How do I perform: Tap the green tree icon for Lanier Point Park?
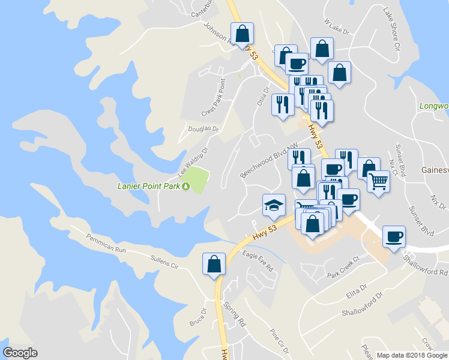tap(186, 186)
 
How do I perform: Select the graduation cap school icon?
tap(273, 205)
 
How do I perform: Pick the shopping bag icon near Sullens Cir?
tap(214, 263)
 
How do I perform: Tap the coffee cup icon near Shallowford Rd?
tap(393, 236)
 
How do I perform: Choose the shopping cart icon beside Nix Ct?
tap(378, 181)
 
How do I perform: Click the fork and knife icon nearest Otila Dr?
tap(282, 105)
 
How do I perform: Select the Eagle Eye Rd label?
tap(258, 262)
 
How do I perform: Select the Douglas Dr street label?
tap(205, 129)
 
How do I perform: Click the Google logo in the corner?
tap(20, 352)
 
